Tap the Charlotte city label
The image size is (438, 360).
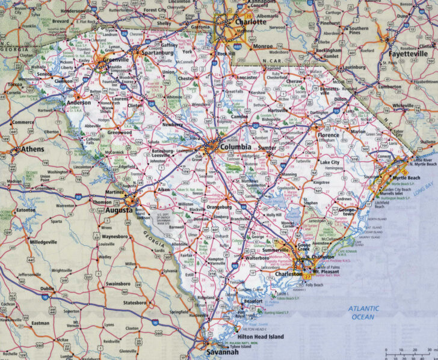coord(250,21)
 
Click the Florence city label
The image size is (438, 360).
coord(328,135)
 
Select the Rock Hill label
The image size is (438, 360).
coord(227,53)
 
